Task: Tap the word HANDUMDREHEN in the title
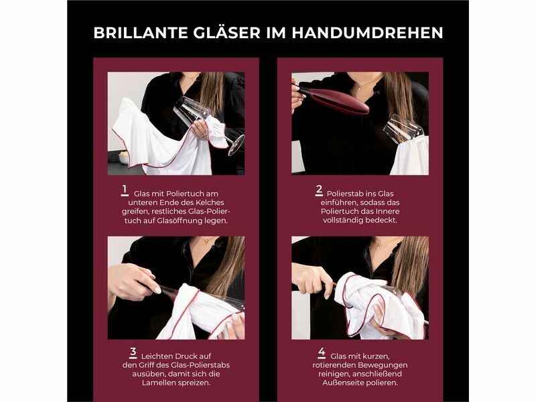pyautogui.click(x=367, y=33)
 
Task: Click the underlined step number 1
pyautogui.click(x=125, y=190)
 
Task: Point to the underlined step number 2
pyautogui.click(x=319, y=190)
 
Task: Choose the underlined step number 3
pyautogui.click(x=133, y=353)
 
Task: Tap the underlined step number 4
pyautogui.click(x=322, y=353)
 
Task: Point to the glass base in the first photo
pyautogui.click(x=237, y=145)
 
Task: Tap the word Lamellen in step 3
pyautogui.click(x=157, y=383)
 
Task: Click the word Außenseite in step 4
pyautogui.click(x=340, y=383)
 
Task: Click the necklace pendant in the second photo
pyautogui.click(x=359, y=88)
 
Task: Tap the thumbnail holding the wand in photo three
pyautogui.click(x=157, y=290)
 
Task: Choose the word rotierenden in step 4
pyautogui.click(x=332, y=365)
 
